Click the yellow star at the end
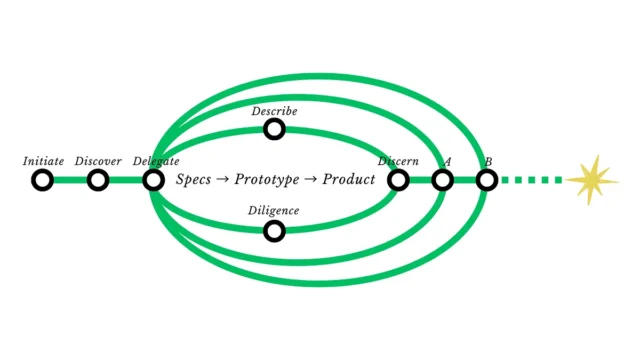coord(591,180)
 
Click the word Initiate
coord(43,161)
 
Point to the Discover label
coord(98,161)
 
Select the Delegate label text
coord(156,162)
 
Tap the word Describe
coord(274,111)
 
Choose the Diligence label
coord(273,211)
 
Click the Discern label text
coord(398,161)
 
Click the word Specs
coord(193,180)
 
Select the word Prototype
coord(267,180)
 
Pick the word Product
coord(349,179)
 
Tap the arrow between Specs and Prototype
coord(222,180)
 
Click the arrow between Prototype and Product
coord(311,180)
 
